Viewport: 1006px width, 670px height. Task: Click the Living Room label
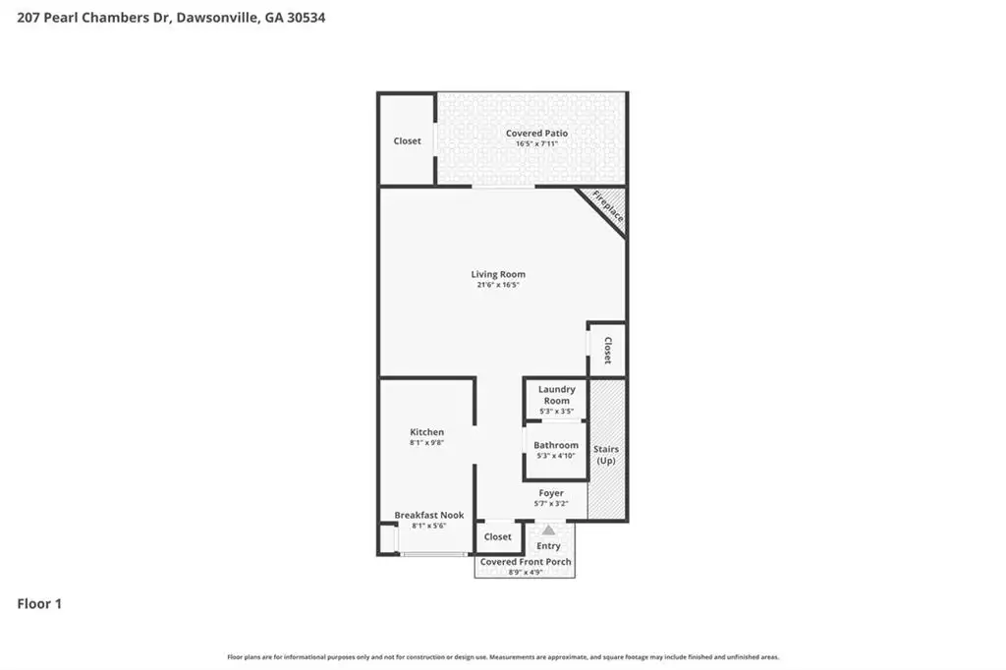tap(498, 274)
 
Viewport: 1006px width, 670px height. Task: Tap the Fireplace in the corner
tap(608, 206)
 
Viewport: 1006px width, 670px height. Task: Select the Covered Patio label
tap(536, 133)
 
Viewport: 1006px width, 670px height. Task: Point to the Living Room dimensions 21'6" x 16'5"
tap(498, 284)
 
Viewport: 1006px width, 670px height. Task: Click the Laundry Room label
tap(556, 395)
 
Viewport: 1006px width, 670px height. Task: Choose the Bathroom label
tap(556, 445)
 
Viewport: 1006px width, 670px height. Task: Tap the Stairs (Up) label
tap(606, 455)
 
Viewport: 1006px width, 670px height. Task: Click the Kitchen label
tap(426, 432)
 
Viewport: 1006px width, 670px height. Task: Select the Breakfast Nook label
tap(428, 515)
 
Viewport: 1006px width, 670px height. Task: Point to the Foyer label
tap(551, 493)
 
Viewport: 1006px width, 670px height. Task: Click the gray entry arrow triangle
tap(548, 530)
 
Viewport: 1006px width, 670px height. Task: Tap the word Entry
tap(548, 545)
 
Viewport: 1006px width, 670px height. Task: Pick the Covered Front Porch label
tap(526, 562)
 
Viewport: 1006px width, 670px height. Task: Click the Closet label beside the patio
tap(408, 140)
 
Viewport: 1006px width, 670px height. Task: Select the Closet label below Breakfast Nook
tap(498, 536)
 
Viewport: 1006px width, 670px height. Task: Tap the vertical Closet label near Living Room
tap(607, 351)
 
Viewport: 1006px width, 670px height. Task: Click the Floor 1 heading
tap(39, 603)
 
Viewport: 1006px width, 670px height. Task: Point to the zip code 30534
tap(307, 18)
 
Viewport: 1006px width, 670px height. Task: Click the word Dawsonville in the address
tap(218, 18)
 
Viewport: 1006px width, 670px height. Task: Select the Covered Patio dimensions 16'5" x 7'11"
tap(536, 143)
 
